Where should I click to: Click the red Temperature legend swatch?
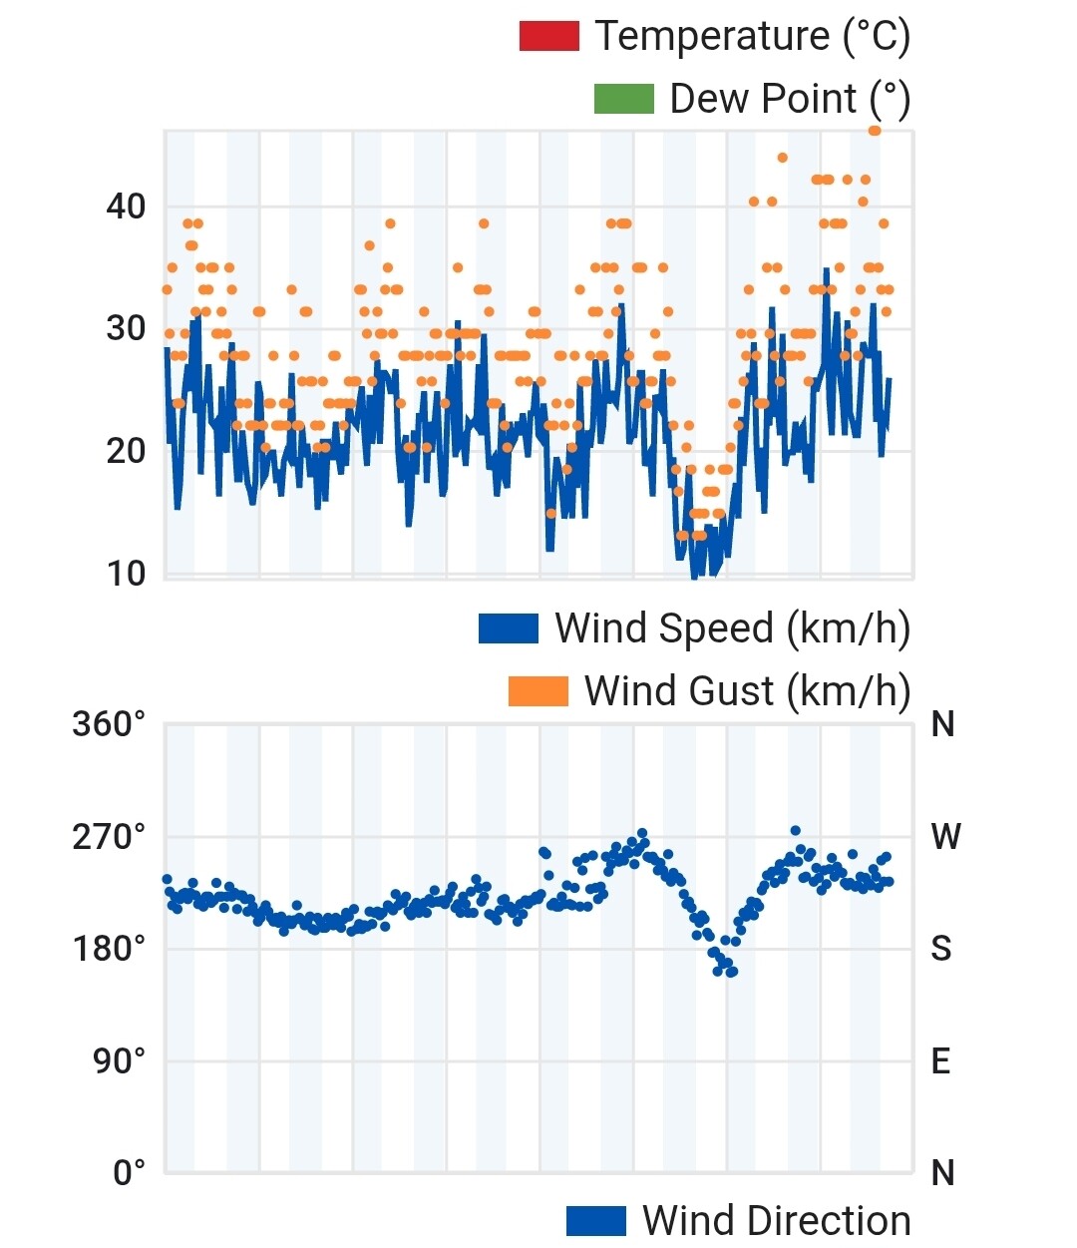pos(548,37)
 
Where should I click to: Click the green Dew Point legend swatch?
pos(623,99)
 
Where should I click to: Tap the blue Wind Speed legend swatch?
pos(509,628)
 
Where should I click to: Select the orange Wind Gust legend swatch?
pos(538,691)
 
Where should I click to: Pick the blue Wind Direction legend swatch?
pos(595,1221)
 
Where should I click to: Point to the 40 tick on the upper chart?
pos(126,207)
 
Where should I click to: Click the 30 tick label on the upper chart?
pos(126,328)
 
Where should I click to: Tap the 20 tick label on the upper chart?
pos(126,451)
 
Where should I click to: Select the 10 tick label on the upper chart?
pos(126,574)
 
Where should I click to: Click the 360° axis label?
pos(109,724)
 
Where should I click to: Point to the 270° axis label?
pos(109,837)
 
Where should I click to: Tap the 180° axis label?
pos(109,949)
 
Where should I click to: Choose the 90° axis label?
pos(120,1060)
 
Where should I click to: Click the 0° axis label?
pos(130,1172)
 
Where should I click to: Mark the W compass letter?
pos(945,837)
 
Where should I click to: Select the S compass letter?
pos(941,949)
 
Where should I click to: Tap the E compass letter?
pos(940,1060)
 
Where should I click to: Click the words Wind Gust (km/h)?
pos(747,690)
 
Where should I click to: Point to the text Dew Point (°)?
pos(790,99)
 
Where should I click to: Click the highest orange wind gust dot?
pos(875,131)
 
